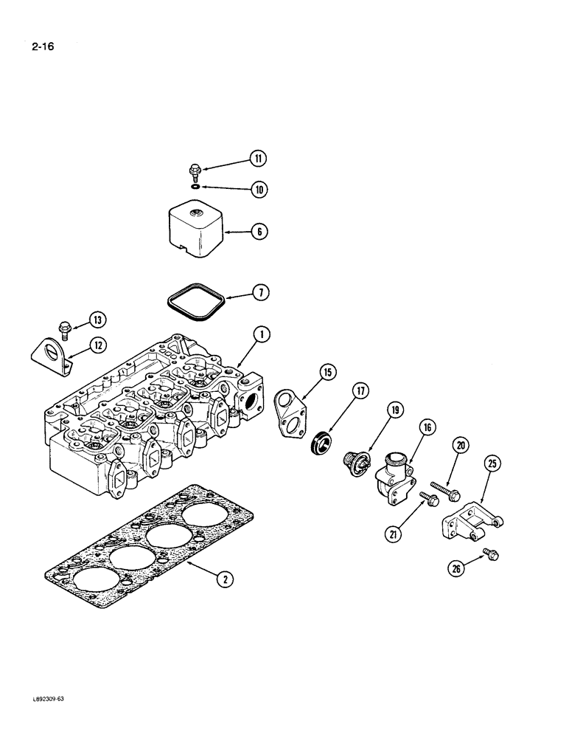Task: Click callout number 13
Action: click(97, 320)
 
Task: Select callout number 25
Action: click(492, 463)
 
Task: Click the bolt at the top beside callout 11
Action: click(195, 171)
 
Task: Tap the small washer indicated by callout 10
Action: click(195, 188)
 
